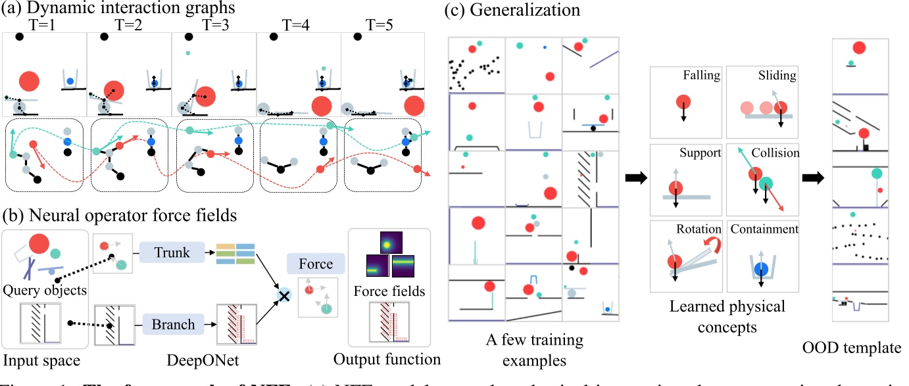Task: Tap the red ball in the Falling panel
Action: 683,103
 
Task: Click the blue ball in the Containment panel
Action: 762,268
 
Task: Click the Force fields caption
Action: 389,290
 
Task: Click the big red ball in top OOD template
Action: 858,47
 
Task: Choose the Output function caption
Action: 387,359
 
